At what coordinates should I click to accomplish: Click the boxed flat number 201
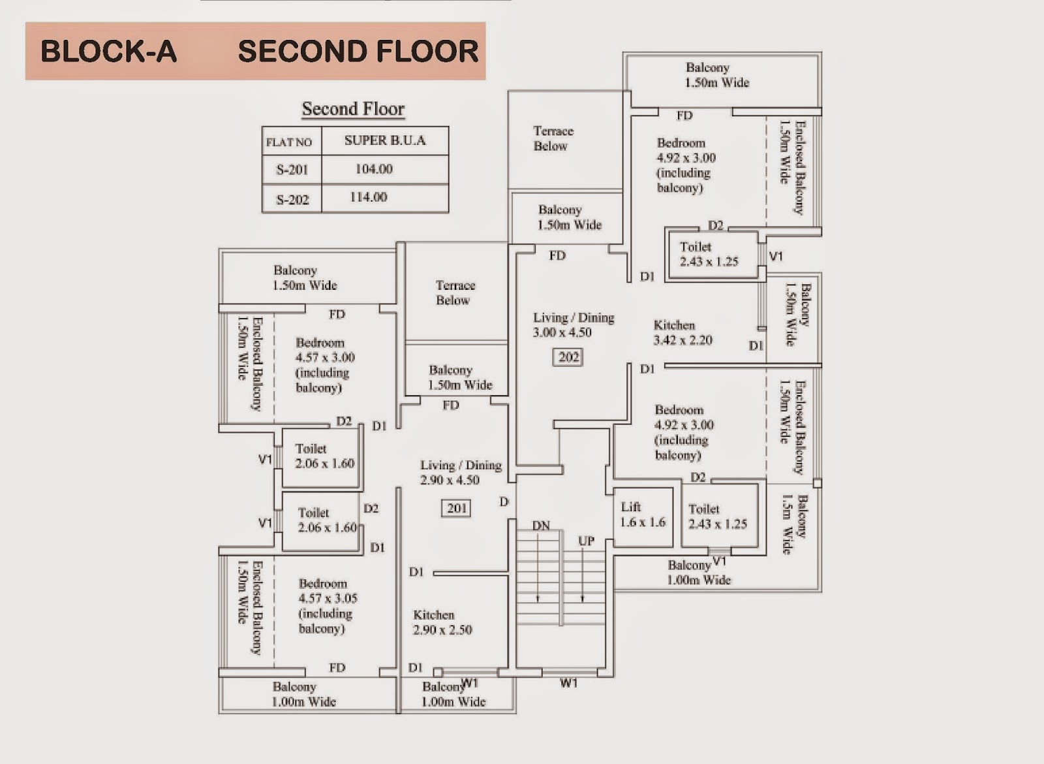click(456, 508)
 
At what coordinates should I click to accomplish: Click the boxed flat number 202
click(568, 357)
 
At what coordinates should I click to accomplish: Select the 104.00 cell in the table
click(385, 169)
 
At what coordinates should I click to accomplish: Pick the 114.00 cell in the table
click(385, 199)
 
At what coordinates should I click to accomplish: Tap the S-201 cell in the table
click(292, 169)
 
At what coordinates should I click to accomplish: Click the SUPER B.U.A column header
click(385, 140)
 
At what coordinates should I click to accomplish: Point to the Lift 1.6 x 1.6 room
click(643, 517)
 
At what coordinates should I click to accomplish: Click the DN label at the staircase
click(541, 526)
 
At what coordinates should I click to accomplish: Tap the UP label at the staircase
click(587, 541)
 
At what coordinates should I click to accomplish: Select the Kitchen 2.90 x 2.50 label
click(442, 622)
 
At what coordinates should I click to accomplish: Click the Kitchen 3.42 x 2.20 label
click(683, 332)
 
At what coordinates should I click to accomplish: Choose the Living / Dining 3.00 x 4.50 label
click(574, 325)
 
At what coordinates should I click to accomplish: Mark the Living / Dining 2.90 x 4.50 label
click(461, 473)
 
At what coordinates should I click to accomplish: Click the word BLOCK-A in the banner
click(108, 51)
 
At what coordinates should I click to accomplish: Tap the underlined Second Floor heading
click(353, 109)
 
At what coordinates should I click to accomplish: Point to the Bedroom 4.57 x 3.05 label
click(328, 606)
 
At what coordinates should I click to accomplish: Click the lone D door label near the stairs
click(504, 502)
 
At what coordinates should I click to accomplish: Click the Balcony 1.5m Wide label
click(795, 525)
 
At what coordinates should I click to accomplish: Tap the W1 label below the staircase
click(568, 683)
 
